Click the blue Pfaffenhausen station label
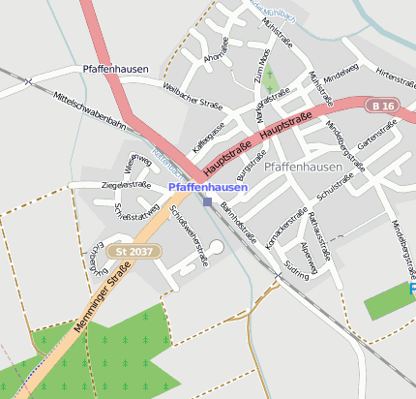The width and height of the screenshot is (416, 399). pos(207,187)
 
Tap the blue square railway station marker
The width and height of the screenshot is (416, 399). pos(207,201)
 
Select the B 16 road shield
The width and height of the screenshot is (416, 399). pos(382,105)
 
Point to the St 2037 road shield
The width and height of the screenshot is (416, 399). pos(134,252)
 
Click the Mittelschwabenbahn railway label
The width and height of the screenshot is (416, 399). pos(91,112)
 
